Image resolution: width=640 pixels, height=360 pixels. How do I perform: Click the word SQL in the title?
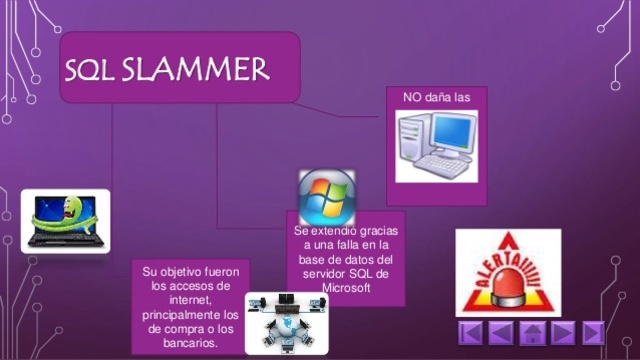point(93,70)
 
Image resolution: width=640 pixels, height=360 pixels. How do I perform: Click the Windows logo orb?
point(326,196)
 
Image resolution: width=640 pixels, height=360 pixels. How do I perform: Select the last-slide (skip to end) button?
point(594,333)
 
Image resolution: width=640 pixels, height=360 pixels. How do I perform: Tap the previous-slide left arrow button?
point(502,333)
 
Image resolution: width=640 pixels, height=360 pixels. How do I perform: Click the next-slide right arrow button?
point(563,333)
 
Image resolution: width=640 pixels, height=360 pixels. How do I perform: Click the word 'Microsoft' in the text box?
point(345,288)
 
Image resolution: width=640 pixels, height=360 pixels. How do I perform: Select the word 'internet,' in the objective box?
point(190,299)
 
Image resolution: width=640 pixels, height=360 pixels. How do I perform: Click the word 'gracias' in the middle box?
point(375,231)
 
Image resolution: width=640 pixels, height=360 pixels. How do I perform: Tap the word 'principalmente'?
point(189,313)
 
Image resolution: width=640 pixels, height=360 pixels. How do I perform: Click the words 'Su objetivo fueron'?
point(189,271)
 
